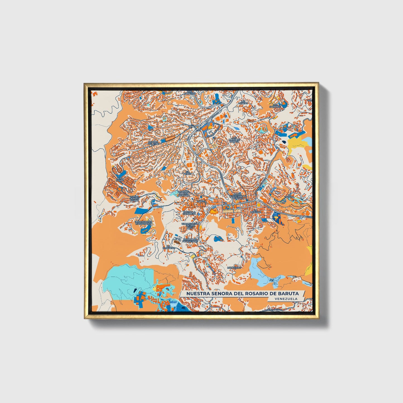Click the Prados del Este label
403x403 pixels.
tap(153, 143)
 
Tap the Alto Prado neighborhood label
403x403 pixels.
tap(120, 179)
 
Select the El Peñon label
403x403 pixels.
tap(187, 173)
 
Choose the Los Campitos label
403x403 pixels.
tap(190, 93)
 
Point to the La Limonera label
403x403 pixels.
tap(169, 247)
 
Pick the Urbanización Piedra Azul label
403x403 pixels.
tap(190, 225)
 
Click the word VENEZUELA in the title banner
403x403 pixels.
tap(286, 299)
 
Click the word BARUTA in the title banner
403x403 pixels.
tap(288, 294)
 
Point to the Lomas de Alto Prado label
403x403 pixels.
tap(134, 198)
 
